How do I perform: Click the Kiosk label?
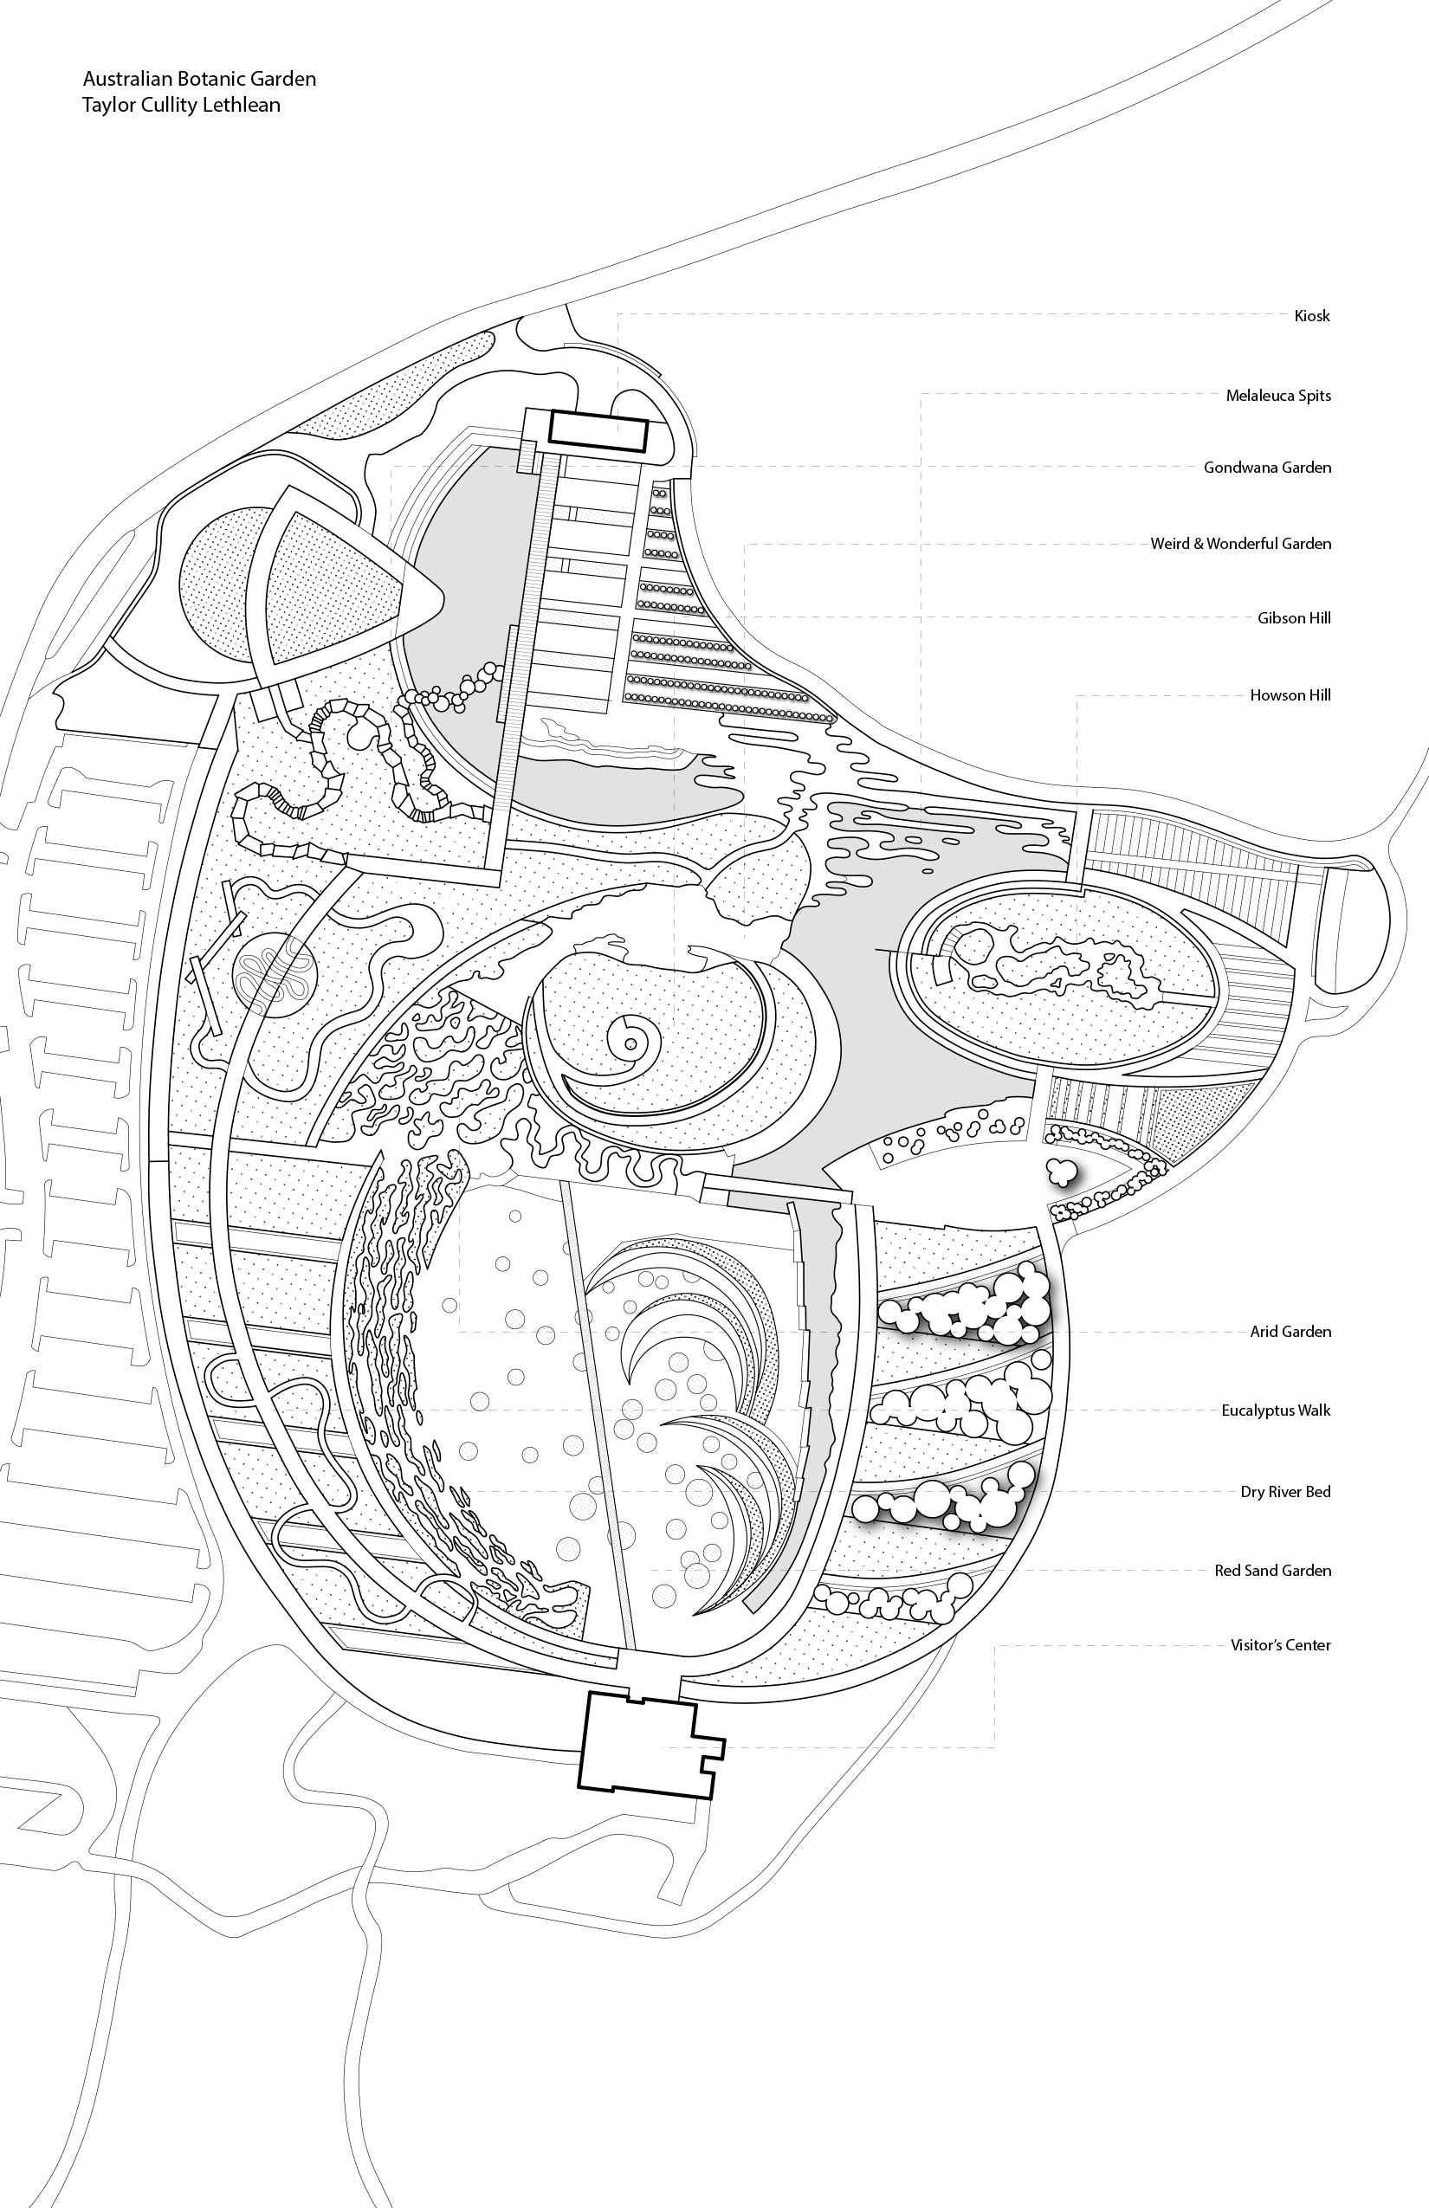pos(1311,316)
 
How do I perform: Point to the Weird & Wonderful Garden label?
pos(1239,544)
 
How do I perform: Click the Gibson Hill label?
pos(1294,619)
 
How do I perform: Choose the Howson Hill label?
pos(1290,694)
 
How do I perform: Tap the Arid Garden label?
pos(1290,1333)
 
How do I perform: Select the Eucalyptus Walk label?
pos(1275,1411)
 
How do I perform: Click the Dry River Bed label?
pos(1285,1492)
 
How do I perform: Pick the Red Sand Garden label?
pos(1272,1571)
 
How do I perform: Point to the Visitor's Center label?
pos(1280,1645)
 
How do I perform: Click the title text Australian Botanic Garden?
pos(198,79)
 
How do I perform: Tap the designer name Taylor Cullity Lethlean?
pos(181,105)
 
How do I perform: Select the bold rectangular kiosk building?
pos(598,431)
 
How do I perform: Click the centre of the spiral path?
pos(631,1043)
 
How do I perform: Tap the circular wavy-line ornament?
pos(274,977)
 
